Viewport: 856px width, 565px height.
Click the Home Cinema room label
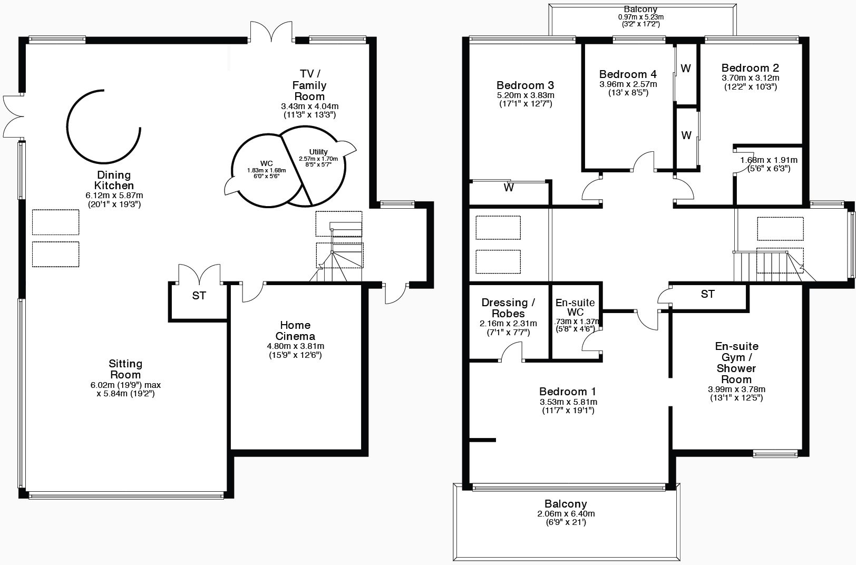[295, 330]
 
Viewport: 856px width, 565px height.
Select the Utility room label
[318, 152]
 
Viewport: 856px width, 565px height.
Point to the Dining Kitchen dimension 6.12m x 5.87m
[114, 195]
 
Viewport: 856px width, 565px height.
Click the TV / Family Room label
[309, 85]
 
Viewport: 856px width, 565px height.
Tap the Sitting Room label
[125, 369]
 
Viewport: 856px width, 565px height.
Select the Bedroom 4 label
[628, 74]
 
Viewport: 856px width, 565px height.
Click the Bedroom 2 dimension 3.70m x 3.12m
[750, 77]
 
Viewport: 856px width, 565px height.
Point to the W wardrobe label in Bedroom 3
[508, 188]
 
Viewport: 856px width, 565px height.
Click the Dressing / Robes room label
[508, 308]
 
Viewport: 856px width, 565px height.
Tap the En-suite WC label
[575, 308]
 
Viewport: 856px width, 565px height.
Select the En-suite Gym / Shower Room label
[736, 363]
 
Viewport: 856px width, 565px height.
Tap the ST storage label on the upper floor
[707, 294]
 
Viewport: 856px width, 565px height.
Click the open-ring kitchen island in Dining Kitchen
[103, 126]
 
